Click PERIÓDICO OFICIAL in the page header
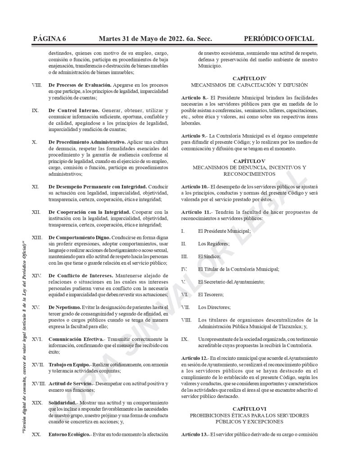coord(279,39)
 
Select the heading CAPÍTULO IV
coord(249,78)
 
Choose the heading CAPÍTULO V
coord(249,161)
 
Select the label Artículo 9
coord(194,136)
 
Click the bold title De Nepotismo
coord(64,307)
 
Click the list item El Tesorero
coord(211,294)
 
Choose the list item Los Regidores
coord(213,244)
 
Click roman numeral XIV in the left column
coord(37,275)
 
